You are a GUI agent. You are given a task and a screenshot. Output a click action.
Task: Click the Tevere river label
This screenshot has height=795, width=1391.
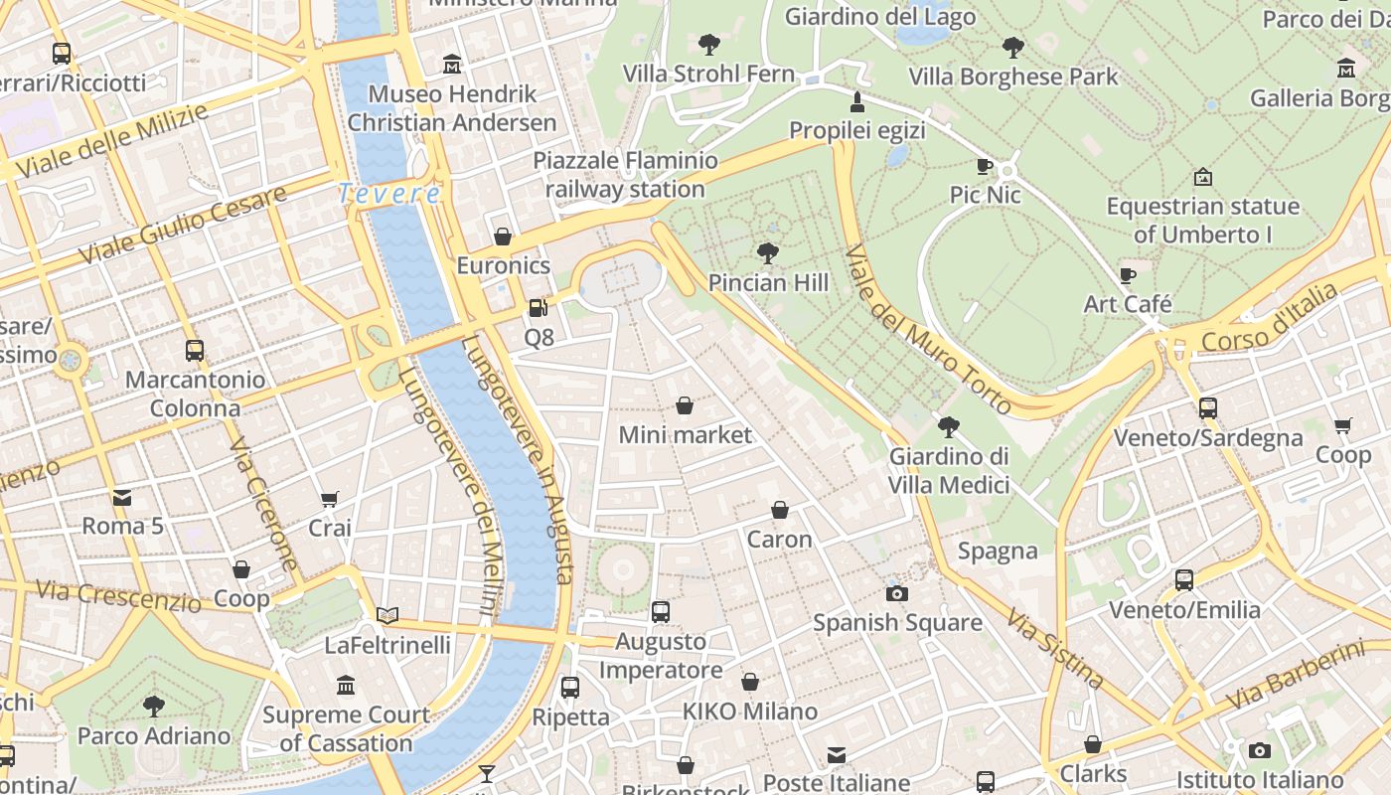coord(388,194)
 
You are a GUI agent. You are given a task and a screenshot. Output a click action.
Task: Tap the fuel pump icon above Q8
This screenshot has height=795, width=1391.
coord(538,309)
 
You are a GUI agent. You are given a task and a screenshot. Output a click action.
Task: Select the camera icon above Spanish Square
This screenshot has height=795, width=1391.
coord(897,594)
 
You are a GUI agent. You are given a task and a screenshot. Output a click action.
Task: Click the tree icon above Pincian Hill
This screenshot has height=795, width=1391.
coord(767,253)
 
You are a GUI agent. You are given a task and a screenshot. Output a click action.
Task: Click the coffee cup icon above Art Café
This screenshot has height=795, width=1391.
coord(1128,275)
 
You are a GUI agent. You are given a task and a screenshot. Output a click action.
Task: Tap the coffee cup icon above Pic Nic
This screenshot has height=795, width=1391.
coord(985,166)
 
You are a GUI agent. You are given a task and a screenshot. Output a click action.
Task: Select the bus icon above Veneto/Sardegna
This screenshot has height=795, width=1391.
coord(1208,408)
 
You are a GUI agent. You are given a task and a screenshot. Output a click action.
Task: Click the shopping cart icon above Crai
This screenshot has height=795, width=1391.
coord(330,499)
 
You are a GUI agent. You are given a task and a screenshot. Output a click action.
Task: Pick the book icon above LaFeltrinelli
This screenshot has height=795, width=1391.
coord(387,616)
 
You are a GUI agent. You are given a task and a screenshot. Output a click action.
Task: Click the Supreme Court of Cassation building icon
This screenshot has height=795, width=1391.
coord(346,685)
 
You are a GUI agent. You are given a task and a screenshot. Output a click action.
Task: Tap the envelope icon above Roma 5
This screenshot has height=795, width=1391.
coord(122,497)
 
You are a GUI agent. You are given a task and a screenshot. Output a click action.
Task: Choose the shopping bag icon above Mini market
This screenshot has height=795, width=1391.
coord(685,405)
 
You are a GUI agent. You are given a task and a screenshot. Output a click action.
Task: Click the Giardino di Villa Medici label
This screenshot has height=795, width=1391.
coord(949,470)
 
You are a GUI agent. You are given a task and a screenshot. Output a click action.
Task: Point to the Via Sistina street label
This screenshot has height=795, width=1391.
coord(1054,649)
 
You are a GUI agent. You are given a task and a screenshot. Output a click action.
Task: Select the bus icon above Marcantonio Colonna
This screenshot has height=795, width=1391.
coord(195,351)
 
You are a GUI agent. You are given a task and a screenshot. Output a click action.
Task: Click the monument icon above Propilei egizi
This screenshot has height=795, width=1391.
coord(856,101)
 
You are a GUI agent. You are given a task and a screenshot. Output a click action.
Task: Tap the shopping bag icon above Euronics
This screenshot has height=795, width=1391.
coord(503,237)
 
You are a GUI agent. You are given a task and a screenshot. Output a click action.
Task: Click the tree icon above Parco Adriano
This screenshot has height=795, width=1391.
coord(154,707)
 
